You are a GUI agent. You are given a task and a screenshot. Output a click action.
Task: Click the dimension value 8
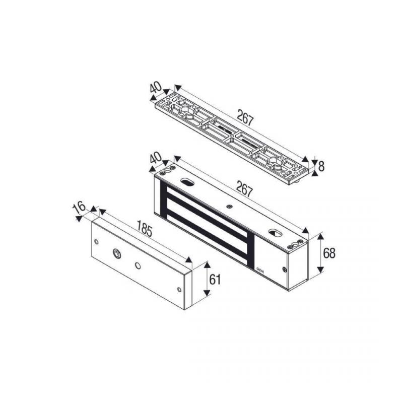click(321, 166)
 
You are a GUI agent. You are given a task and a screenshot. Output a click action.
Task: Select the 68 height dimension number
click(329, 253)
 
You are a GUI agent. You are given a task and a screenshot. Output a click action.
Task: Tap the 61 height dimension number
click(215, 280)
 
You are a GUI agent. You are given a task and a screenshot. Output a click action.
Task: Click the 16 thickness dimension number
click(80, 207)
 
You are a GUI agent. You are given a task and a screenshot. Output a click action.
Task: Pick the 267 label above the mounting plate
click(245, 118)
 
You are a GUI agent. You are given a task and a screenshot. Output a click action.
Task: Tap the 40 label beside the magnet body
click(156, 158)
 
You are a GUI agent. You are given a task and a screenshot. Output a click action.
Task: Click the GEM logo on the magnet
click(259, 270)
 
